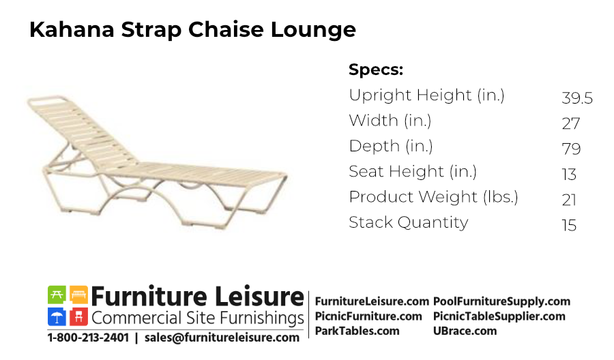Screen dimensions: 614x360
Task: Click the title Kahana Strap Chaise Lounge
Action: tap(192, 30)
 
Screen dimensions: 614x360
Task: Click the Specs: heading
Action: tap(376, 70)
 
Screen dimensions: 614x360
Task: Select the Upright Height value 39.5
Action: tap(577, 97)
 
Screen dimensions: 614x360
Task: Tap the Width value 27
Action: tap(571, 123)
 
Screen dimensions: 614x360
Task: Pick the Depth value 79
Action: tap(571, 149)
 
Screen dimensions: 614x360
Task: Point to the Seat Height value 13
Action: tap(569, 174)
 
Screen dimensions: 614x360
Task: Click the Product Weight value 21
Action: tap(569, 200)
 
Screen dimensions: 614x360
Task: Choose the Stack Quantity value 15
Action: tap(569, 226)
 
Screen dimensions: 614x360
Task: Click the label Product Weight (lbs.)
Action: tap(433, 197)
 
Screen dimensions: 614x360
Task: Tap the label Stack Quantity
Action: tap(409, 223)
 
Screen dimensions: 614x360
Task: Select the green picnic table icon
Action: tap(57, 295)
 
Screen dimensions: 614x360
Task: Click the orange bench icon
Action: tap(78, 295)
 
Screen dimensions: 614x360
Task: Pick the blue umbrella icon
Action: tap(57, 316)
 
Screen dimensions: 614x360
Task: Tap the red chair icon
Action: tap(78, 316)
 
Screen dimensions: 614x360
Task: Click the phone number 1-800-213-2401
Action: tap(88, 337)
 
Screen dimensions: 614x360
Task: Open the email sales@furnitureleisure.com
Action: tap(222, 337)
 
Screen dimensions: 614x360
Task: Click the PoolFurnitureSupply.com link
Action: tap(501, 301)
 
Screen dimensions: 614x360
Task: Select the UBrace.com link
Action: tap(465, 331)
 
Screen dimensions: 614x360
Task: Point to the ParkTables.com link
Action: tap(357, 331)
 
